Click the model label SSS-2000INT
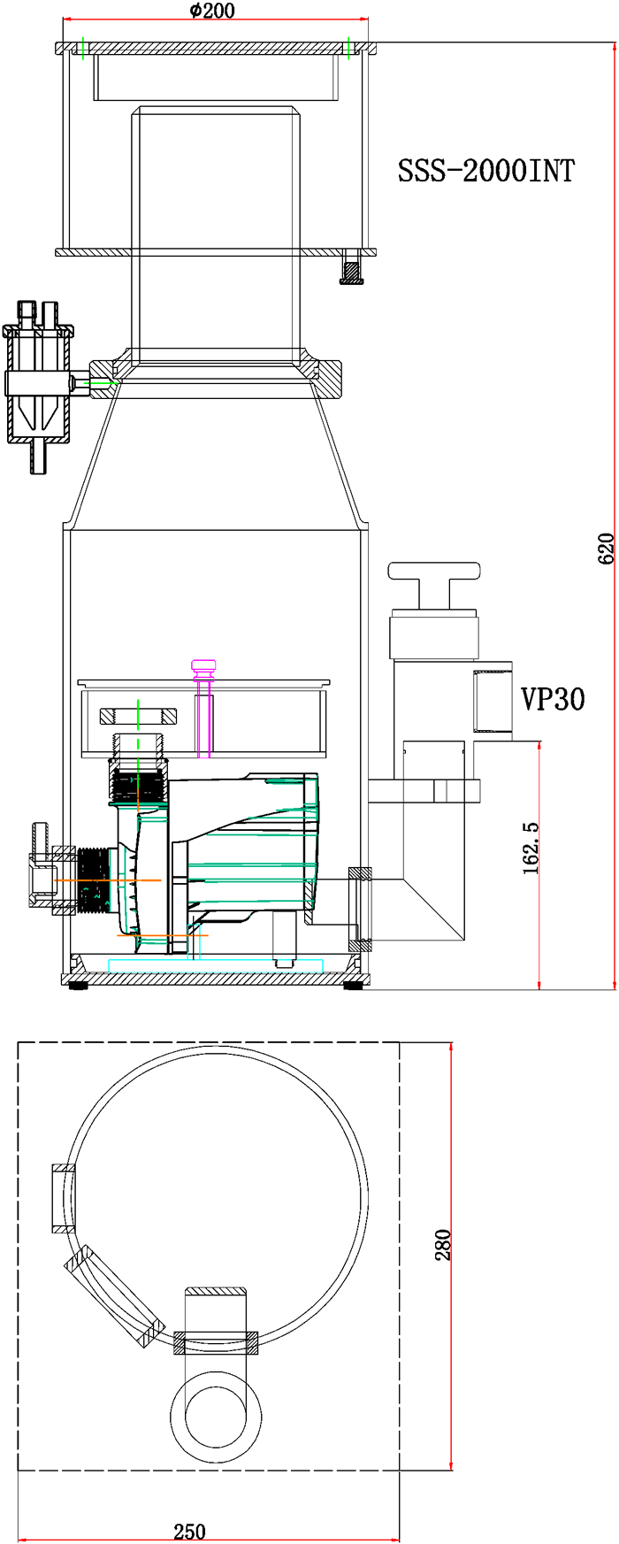point(485,170)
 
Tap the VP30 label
point(553,699)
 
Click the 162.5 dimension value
point(531,848)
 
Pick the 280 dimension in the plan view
point(443,1245)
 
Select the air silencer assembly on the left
point(40,380)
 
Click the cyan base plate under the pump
point(216,965)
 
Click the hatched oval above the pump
point(138,715)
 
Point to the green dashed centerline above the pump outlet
point(138,715)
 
